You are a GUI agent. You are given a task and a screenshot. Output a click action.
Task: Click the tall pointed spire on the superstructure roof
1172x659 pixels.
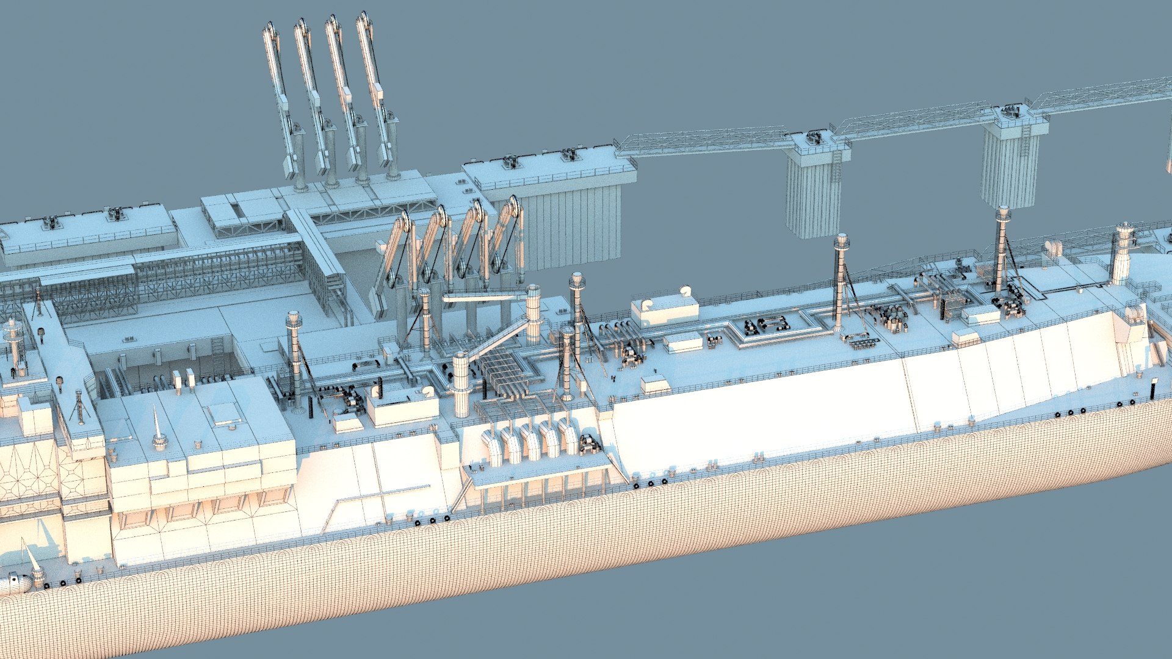click(x=157, y=427)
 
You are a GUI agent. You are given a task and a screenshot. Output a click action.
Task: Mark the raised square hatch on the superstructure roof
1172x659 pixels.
click(x=224, y=414)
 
